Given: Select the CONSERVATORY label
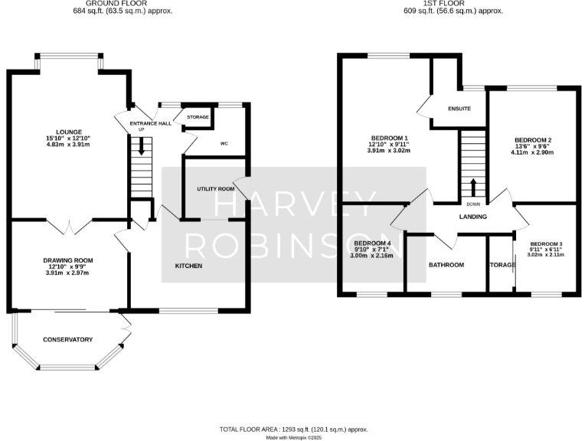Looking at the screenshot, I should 67,339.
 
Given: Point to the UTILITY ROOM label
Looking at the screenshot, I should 215,188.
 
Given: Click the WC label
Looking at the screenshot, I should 224,144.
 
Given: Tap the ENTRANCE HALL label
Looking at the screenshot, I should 150,122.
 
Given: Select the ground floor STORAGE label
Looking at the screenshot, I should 198,117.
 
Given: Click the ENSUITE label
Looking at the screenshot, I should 459,109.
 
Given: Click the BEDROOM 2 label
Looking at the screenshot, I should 534,140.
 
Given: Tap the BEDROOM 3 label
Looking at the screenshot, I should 546,243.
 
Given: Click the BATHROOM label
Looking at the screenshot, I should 446,265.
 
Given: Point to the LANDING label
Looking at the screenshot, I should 472,217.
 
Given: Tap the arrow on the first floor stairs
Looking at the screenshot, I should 472,187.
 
